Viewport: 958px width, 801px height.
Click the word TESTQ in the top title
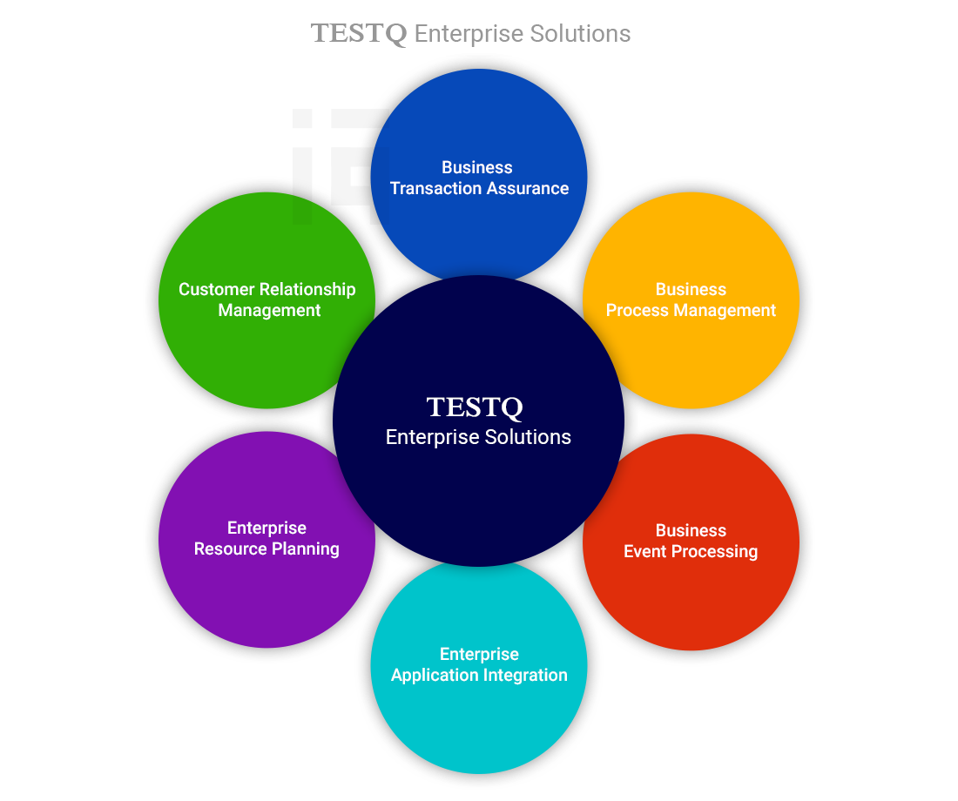(359, 34)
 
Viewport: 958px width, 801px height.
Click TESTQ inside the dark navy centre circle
(475, 407)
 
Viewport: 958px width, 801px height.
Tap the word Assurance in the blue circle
(527, 189)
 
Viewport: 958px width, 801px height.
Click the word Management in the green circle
(269, 311)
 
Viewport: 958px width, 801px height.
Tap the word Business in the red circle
(691, 531)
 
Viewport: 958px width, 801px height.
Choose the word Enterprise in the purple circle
(266, 528)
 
